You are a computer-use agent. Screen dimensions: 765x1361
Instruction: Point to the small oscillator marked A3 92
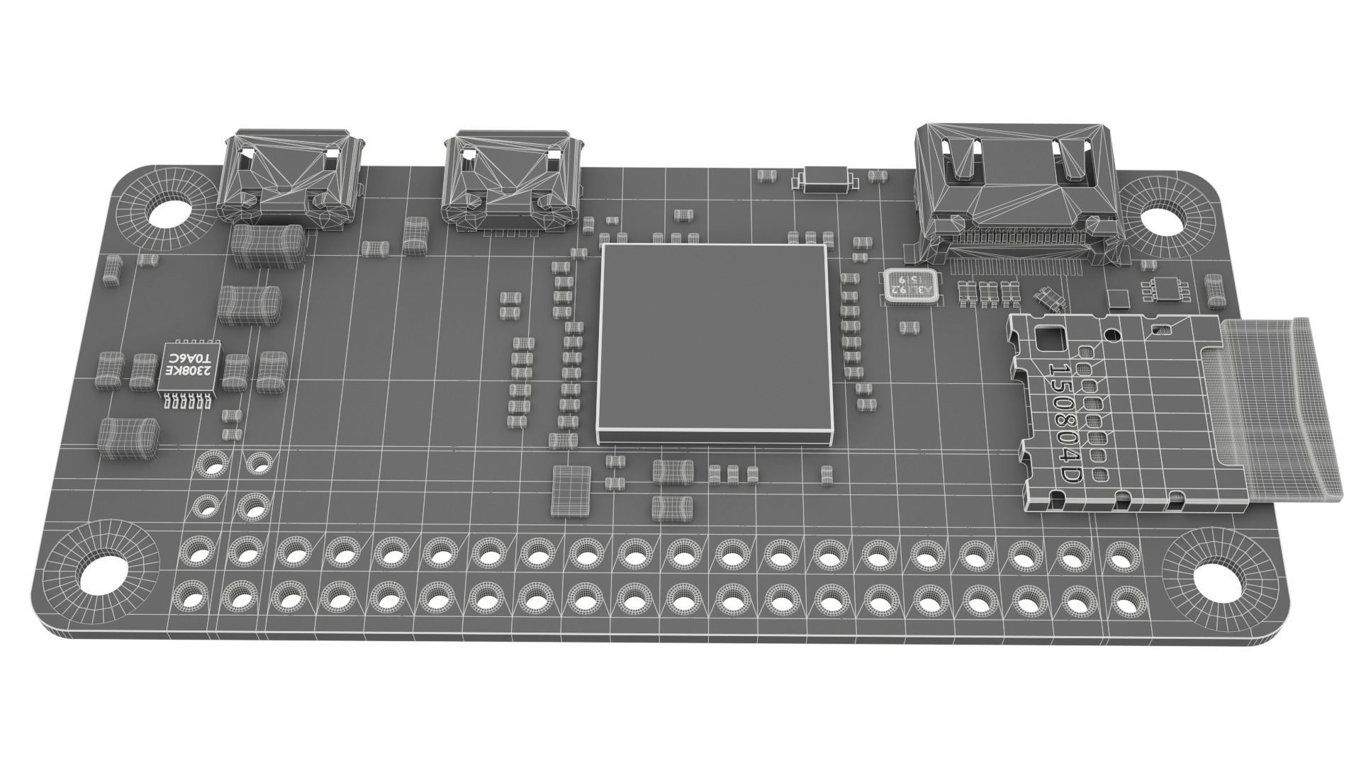point(911,285)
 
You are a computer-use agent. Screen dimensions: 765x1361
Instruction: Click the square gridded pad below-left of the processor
point(571,489)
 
